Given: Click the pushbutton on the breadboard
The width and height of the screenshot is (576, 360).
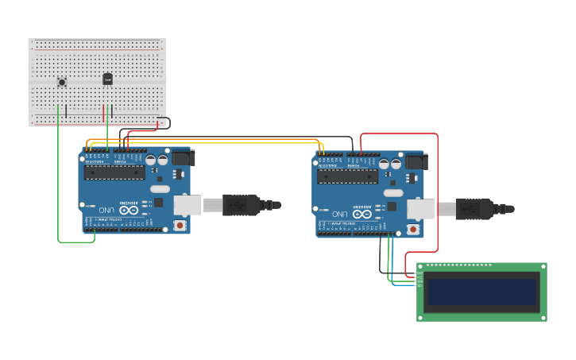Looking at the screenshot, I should [62, 82].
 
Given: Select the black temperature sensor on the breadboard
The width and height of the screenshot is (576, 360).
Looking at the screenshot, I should [107, 79].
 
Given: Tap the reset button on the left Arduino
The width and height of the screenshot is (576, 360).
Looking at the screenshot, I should [180, 226].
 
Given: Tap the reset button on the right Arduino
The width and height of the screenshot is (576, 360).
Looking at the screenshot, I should [413, 230].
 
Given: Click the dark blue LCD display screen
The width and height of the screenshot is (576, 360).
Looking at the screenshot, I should [481, 292].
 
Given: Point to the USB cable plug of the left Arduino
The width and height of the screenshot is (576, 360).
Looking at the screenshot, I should [242, 205].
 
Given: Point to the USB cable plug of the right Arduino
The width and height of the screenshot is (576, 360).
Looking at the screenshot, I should [475, 209].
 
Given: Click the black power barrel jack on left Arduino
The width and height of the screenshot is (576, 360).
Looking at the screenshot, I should [183, 157].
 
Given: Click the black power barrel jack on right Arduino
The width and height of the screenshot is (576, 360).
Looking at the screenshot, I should [416, 161].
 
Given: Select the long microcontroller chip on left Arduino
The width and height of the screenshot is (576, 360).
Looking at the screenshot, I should [114, 172].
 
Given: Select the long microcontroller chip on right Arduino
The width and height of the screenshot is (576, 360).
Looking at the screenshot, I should [348, 176].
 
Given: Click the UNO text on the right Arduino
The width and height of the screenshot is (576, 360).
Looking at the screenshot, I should [339, 215].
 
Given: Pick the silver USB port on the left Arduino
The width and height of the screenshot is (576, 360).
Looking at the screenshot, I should [187, 206].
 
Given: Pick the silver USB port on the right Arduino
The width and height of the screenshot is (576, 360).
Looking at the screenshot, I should [420, 209].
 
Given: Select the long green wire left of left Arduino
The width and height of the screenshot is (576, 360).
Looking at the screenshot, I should [58, 183].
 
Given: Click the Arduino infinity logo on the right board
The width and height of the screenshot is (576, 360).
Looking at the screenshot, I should [362, 215].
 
